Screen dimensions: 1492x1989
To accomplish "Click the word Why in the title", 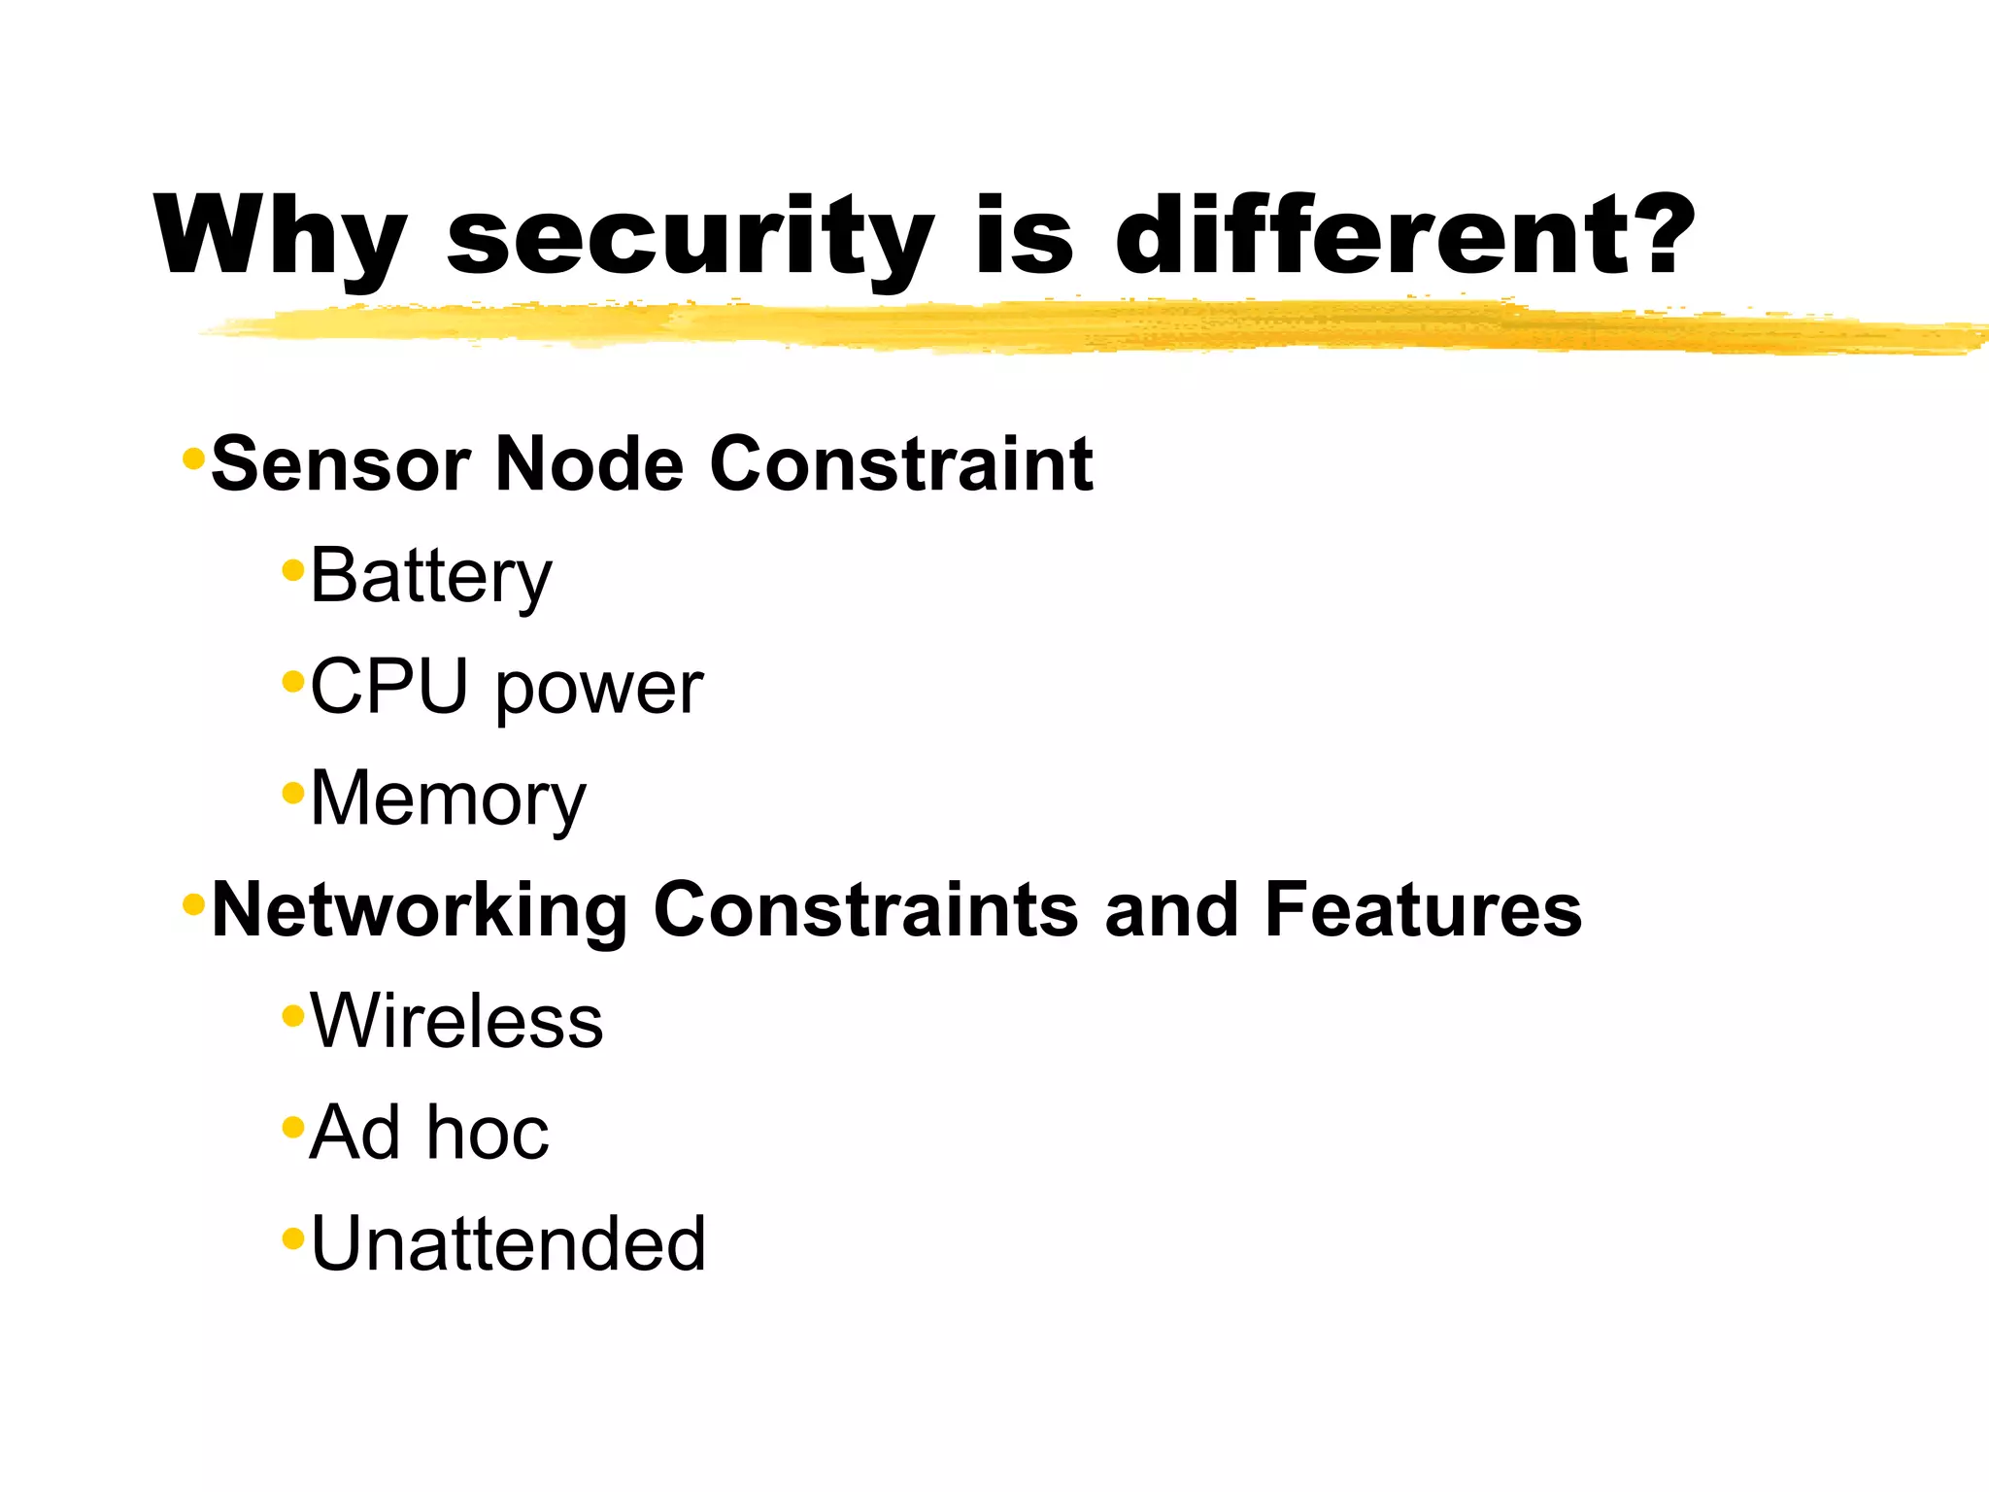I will click(x=279, y=238).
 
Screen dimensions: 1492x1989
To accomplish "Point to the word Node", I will click(x=590, y=464).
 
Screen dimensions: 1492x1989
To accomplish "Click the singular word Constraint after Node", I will click(x=901, y=464).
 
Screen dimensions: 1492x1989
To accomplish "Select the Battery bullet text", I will click(x=431, y=577).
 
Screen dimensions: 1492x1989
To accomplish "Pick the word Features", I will click(x=1423, y=910).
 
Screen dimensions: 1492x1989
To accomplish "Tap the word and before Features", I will click(x=1171, y=910).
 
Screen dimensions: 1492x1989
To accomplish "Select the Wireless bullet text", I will click(x=456, y=1021).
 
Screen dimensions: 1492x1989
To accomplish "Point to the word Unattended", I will click(x=508, y=1244).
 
